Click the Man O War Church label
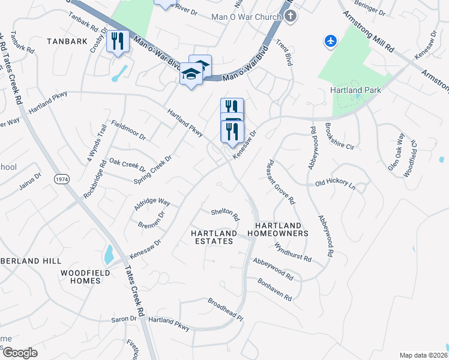point(246,16)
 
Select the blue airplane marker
point(330,41)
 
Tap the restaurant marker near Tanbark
point(118,41)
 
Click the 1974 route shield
point(61,179)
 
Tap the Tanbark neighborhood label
point(67,41)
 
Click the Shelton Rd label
point(225,214)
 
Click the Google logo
point(20,353)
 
